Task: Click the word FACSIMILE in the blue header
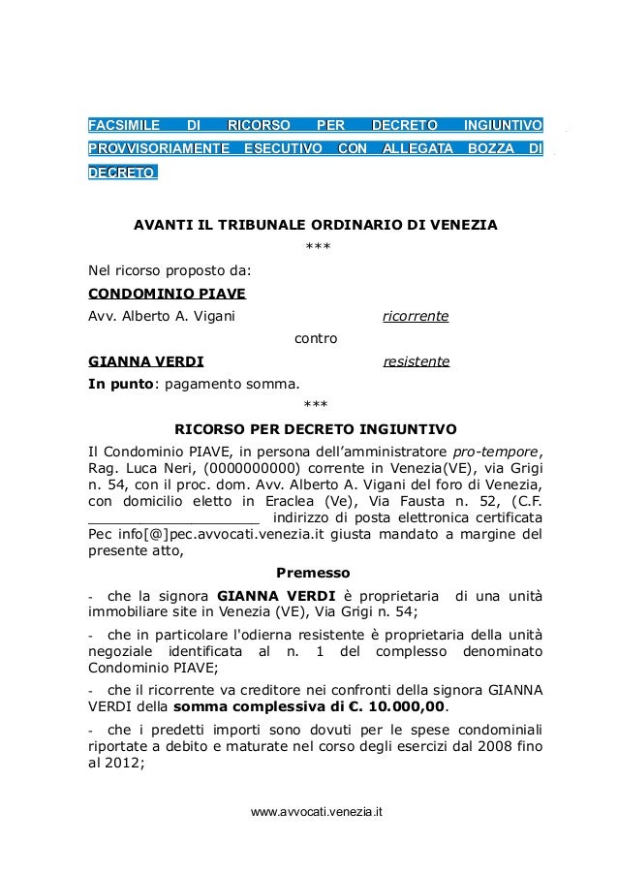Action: click(x=122, y=125)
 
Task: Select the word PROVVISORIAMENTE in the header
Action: click(x=159, y=149)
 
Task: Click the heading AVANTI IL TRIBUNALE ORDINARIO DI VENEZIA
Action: click(x=315, y=226)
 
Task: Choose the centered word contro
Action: click(x=315, y=339)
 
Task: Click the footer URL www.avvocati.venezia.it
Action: click(x=316, y=810)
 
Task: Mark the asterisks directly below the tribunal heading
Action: click(x=315, y=248)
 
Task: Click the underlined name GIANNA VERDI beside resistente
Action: click(x=145, y=362)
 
